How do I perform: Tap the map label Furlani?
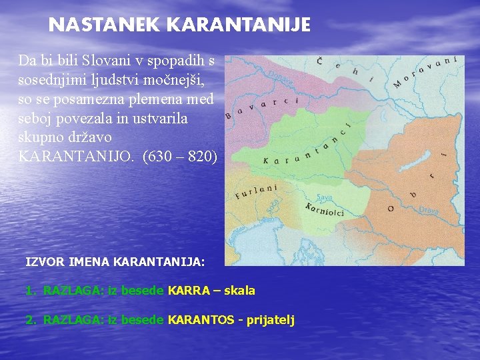[x=256, y=191]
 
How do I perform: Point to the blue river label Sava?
[x=325, y=197]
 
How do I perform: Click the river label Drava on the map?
[x=429, y=209]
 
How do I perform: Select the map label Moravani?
[x=425, y=71]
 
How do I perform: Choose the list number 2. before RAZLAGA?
[x=30, y=320]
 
